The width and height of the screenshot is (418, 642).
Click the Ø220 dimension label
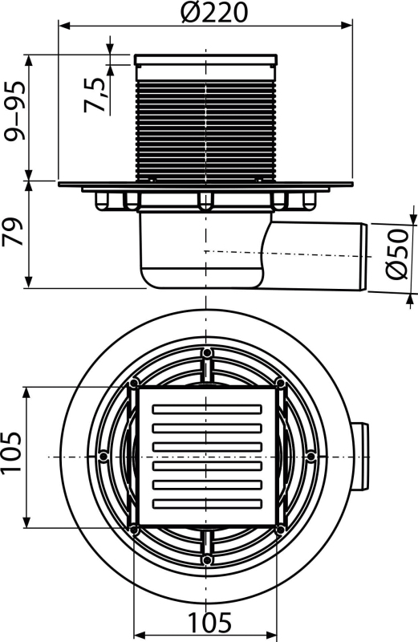[x=213, y=12]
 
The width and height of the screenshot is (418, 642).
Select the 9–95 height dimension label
[x=14, y=111]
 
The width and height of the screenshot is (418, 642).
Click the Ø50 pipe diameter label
[x=397, y=254]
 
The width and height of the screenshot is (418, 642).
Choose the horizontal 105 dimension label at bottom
[x=210, y=623]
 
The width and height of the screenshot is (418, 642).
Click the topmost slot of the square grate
[x=207, y=409]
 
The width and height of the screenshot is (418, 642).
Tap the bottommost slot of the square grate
[x=207, y=504]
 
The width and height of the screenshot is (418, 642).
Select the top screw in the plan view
[x=207, y=352]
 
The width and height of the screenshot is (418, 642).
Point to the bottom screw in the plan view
[x=207, y=559]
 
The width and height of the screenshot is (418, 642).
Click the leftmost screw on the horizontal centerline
[x=103, y=456]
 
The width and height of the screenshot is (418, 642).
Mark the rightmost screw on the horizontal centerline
[x=311, y=456]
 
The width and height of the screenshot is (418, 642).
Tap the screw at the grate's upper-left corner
[x=133, y=384]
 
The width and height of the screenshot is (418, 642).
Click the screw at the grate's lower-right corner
[x=281, y=530]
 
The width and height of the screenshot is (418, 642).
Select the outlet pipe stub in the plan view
[x=359, y=457]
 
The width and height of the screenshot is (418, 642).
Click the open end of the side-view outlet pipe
[x=363, y=257]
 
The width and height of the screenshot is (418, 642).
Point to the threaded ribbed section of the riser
[x=205, y=130]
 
